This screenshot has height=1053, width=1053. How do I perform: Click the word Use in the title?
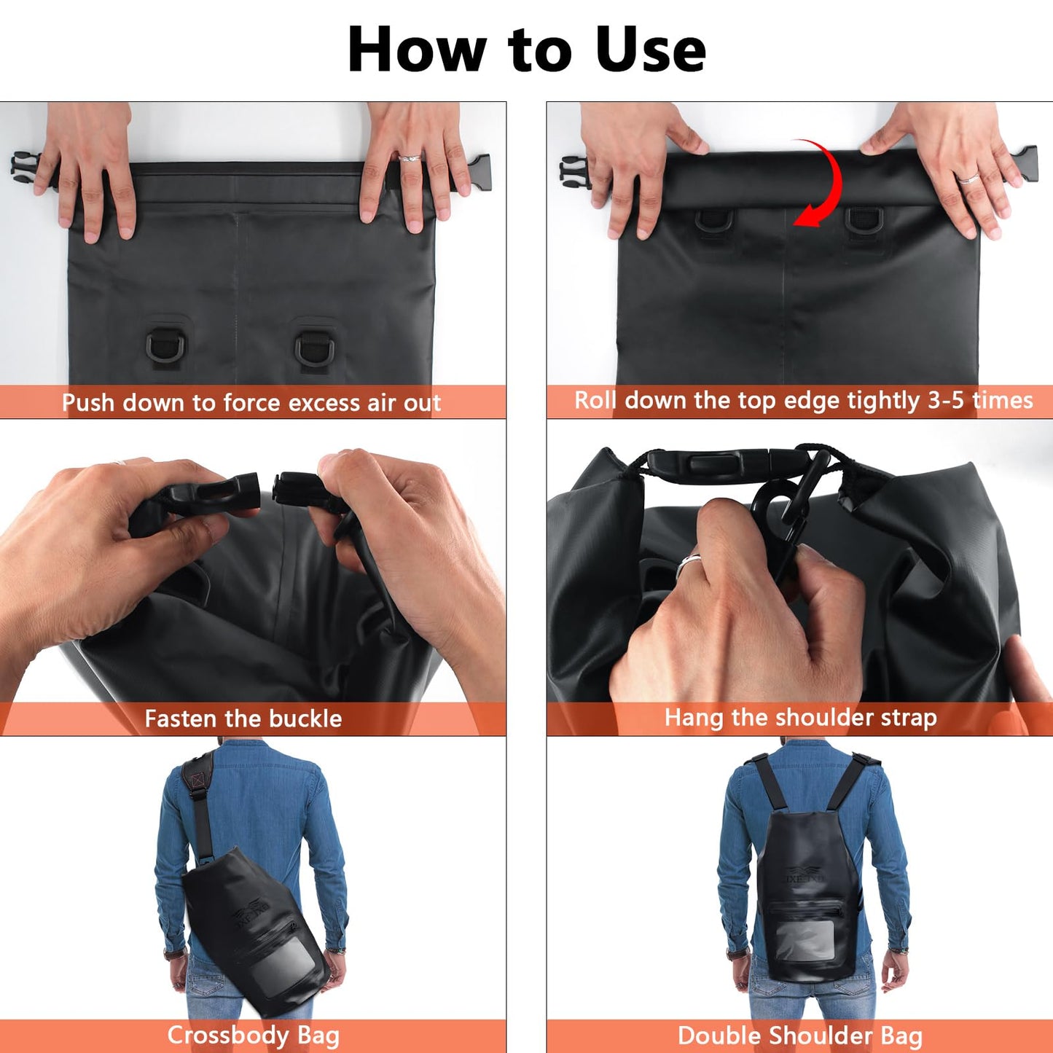(650, 50)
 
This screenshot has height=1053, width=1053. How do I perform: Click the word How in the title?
(416, 50)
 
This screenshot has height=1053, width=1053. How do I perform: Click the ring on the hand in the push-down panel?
(410, 157)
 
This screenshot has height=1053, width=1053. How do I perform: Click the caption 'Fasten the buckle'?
(243, 719)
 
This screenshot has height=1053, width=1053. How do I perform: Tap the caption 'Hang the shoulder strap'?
(800, 717)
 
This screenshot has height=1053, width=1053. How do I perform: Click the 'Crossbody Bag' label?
(253, 1035)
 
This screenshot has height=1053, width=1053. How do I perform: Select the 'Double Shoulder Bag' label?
(799, 1035)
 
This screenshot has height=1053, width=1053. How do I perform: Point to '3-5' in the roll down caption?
(945, 400)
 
